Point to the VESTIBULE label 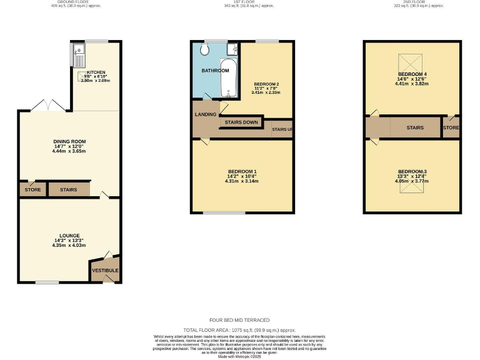104,271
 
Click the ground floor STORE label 32,189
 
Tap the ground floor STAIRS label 69,189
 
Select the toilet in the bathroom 207,49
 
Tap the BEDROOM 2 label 266,84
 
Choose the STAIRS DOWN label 241,122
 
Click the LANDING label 206,114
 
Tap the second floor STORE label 451,127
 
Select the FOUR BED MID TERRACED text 239,319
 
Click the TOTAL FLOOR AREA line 239,329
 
